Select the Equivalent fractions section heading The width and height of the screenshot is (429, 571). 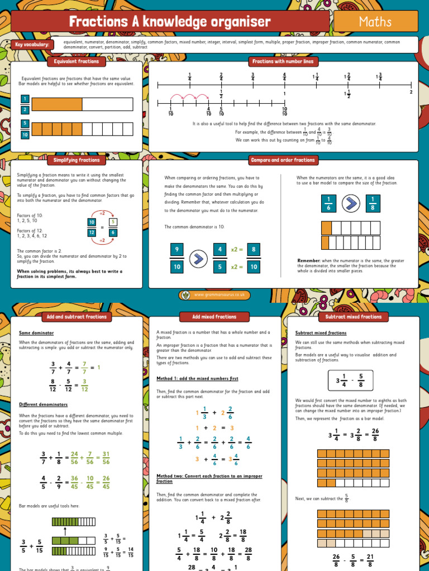click(x=77, y=61)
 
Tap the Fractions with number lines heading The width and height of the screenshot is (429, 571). click(x=283, y=61)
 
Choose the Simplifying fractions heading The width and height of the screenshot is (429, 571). click(x=77, y=160)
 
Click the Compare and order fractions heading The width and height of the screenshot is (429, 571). click(x=283, y=160)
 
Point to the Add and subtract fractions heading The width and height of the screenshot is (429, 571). click(x=77, y=317)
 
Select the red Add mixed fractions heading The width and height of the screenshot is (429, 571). click(x=214, y=317)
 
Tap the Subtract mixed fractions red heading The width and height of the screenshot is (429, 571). click(x=354, y=317)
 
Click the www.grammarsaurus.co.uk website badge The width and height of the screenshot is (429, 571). click(x=214, y=295)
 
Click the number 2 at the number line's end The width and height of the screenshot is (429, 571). click(x=411, y=92)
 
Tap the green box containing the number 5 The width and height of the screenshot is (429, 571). click(x=113, y=221)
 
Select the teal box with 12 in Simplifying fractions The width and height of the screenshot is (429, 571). click(x=91, y=233)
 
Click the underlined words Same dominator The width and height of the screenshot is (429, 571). click(x=36, y=333)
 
